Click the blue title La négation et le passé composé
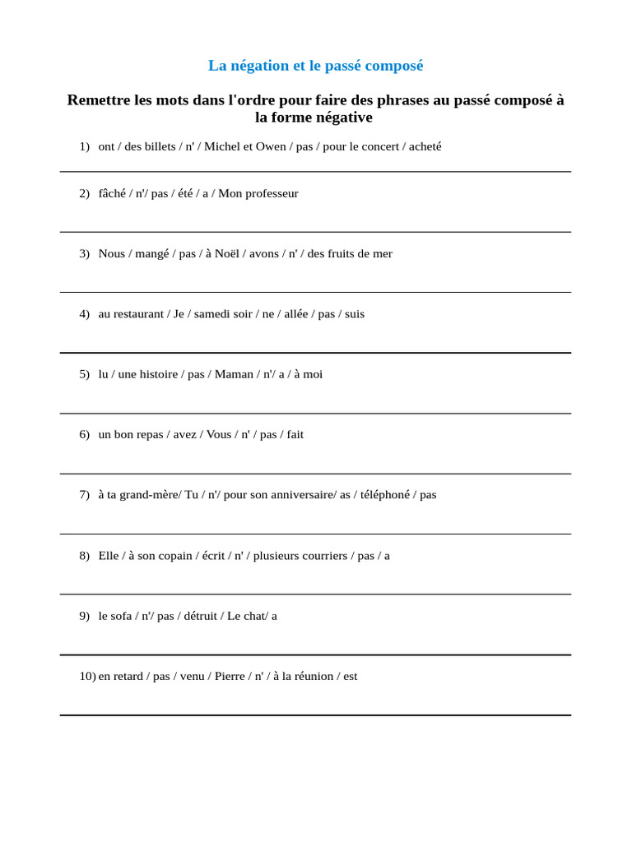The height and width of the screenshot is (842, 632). point(315,66)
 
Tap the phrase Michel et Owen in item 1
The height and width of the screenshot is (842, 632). point(245,146)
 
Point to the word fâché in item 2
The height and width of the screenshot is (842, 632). point(112,193)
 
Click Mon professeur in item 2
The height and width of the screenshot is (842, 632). point(258,193)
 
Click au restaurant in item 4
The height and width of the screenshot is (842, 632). point(131,314)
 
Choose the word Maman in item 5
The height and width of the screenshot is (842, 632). point(234,374)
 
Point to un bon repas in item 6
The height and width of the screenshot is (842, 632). point(132,434)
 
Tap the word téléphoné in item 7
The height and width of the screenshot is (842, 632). point(385,495)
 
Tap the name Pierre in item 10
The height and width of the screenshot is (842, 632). point(230,677)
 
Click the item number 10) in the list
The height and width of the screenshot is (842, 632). point(87,677)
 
